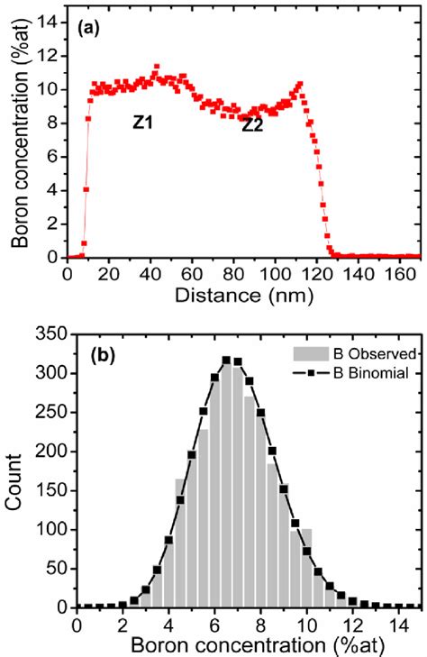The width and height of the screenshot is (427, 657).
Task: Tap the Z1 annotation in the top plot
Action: pos(142,122)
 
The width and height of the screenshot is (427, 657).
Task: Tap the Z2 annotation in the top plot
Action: pos(251,125)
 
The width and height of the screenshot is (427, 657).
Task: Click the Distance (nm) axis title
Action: pos(244,294)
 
